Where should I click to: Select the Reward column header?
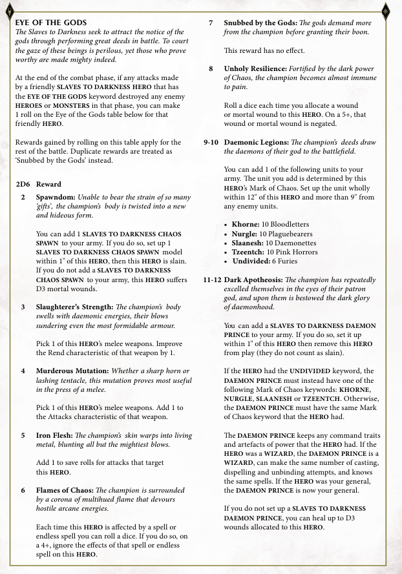pyautogui.click(x=49, y=184)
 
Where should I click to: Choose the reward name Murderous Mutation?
pyautogui.click(x=72, y=371)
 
